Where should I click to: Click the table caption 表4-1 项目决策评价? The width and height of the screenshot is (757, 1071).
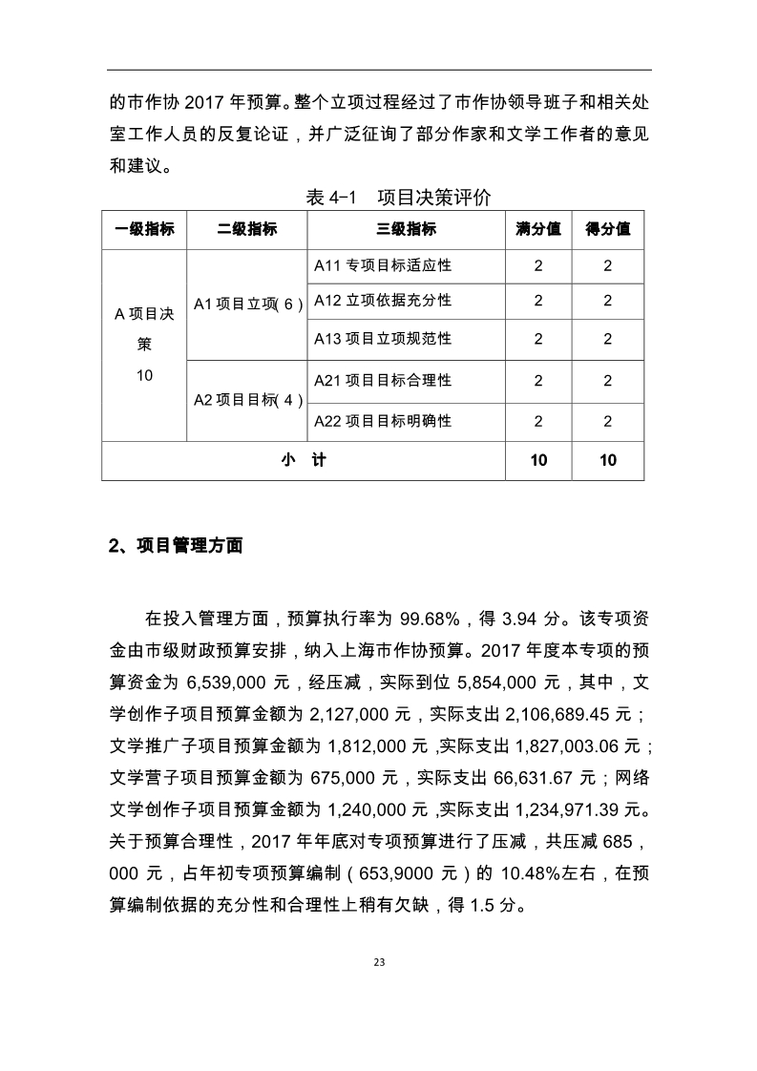tap(398, 199)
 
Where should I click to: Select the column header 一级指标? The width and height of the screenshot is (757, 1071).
tap(144, 229)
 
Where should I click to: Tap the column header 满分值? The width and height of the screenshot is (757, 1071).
tap(537, 229)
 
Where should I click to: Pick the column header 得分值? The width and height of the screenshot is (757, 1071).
tap(608, 229)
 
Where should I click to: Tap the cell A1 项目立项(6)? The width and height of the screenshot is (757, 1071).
tap(247, 304)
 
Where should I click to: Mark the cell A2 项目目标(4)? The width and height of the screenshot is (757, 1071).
tap(247, 401)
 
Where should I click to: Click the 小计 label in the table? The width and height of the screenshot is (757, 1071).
tap(304, 460)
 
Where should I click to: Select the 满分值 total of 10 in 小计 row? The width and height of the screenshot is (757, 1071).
tap(538, 460)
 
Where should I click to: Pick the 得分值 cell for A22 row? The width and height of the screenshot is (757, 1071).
tap(608, 421)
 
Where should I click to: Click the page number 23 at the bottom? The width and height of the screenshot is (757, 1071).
tap(379, 961)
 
